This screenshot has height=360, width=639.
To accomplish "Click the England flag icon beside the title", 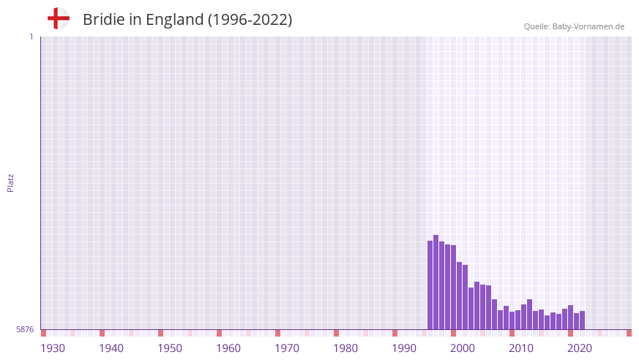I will (59, 18).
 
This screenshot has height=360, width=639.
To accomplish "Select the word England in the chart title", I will (176, 20).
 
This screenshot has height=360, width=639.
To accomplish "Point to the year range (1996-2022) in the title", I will (250, 20).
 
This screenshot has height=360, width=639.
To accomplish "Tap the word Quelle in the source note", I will (537, 26).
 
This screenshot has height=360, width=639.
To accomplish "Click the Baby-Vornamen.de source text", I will (588, 26).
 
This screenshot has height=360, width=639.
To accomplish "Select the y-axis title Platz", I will (10, 182).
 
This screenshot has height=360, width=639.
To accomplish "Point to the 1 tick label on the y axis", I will (31, 37).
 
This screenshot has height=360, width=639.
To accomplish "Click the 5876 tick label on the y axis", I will (24, 330).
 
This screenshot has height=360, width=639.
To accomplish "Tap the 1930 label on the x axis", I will (53, 348).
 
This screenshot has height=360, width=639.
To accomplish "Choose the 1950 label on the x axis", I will (170, 348).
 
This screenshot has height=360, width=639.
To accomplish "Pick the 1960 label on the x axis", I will (228, 348).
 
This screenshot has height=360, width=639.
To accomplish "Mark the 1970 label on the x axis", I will (287, 348).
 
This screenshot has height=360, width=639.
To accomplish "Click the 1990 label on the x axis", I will (404, 348).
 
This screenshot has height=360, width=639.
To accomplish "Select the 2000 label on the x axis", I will (463, 348).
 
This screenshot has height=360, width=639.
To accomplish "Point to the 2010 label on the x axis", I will (521, 348).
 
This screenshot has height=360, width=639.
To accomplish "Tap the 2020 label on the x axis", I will (580, 348).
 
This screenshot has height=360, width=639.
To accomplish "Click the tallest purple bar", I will (436, 282).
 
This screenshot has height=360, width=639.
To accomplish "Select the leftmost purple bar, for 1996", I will (430, 285).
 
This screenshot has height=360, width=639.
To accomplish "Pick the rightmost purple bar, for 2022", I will (582, 320).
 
